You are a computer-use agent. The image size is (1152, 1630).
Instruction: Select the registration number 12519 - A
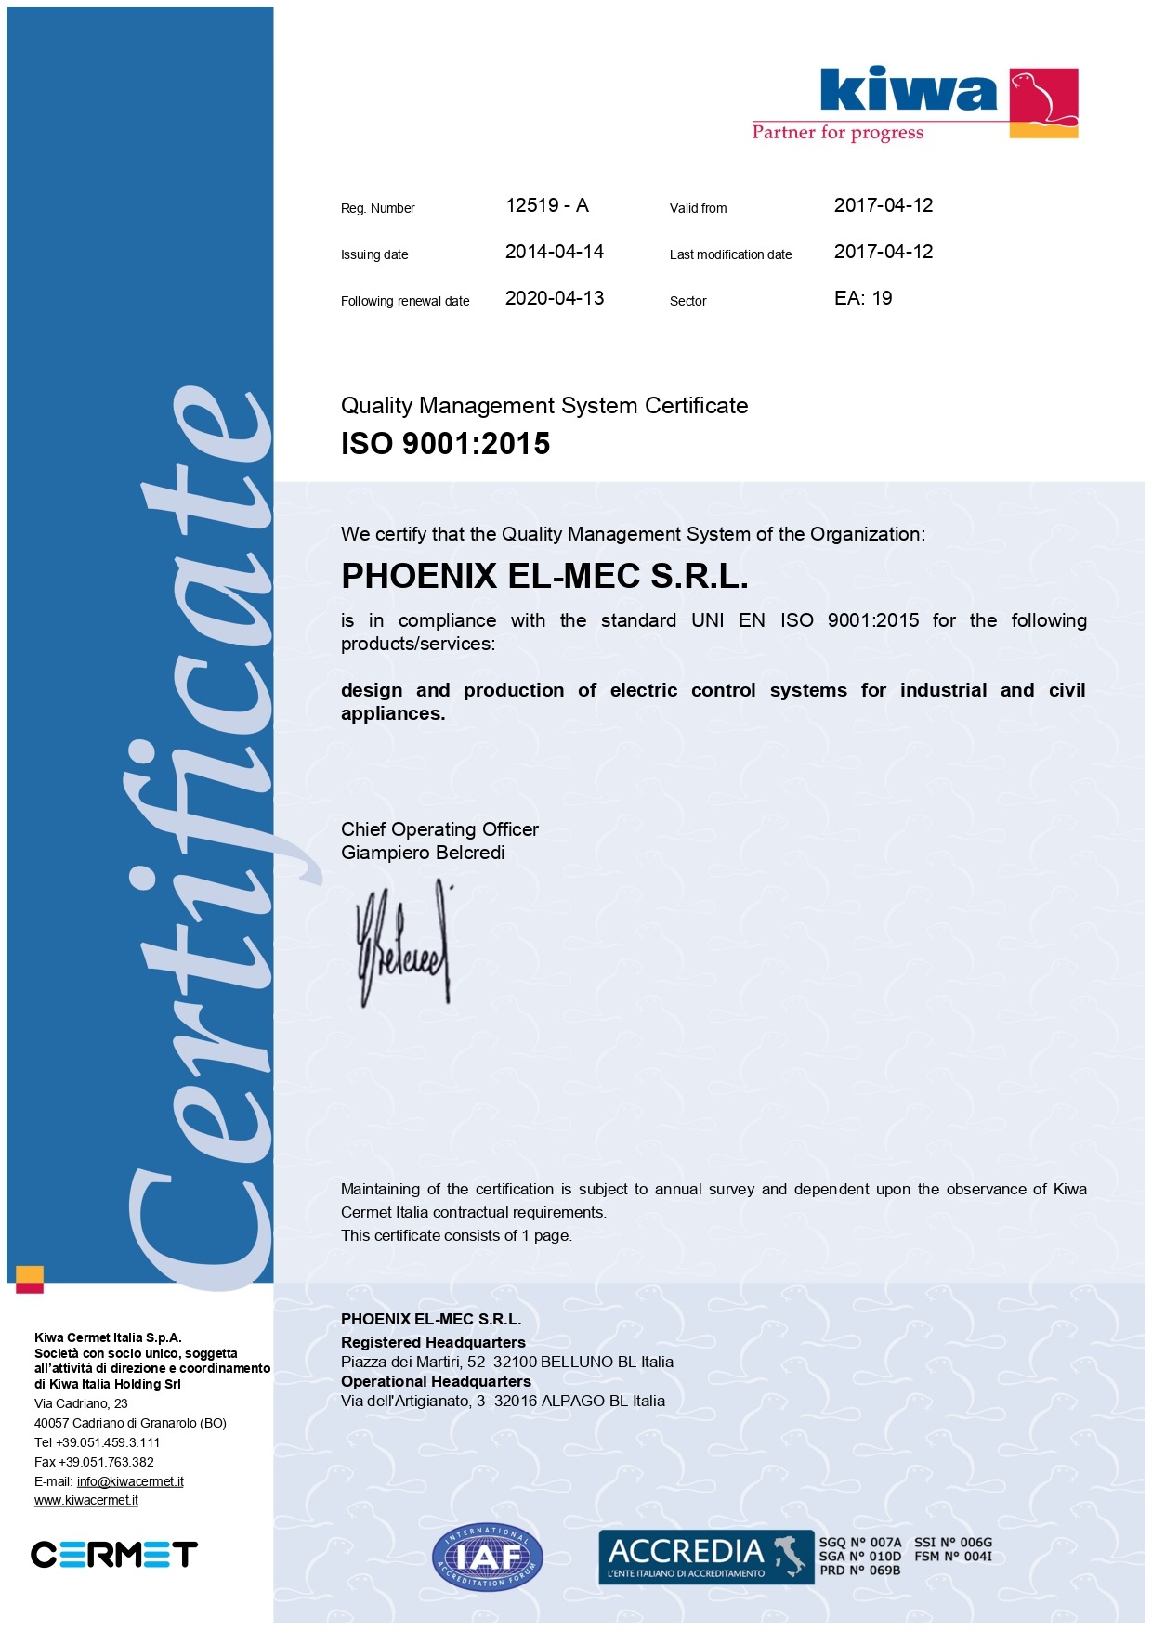(546, 205)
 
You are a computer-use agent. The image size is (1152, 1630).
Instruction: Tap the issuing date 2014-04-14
(554, 252)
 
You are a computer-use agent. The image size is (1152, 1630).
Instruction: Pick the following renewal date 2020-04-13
(554, 298)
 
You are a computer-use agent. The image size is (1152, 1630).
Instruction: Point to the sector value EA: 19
(862, 298)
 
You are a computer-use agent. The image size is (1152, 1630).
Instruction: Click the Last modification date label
(730, 254)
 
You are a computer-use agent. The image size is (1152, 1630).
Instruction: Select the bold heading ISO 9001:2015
(445, 444)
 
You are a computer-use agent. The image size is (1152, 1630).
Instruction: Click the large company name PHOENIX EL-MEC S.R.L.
(544, 577)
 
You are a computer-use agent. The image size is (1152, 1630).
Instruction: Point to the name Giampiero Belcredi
(423, 853)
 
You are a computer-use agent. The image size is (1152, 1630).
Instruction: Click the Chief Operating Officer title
(439, 829)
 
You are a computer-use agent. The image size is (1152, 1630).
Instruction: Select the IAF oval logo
(487, 1558)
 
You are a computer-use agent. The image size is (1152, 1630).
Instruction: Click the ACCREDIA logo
(705, 1557)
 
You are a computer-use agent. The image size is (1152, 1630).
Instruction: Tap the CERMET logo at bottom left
(113, 1554)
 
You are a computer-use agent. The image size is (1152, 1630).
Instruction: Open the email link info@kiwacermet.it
(130, 1481)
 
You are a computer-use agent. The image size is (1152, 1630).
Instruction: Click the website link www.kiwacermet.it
(86, 1500)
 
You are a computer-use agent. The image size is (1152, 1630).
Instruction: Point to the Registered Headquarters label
(433, 1342)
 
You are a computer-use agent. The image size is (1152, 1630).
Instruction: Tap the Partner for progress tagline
(837, 133)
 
